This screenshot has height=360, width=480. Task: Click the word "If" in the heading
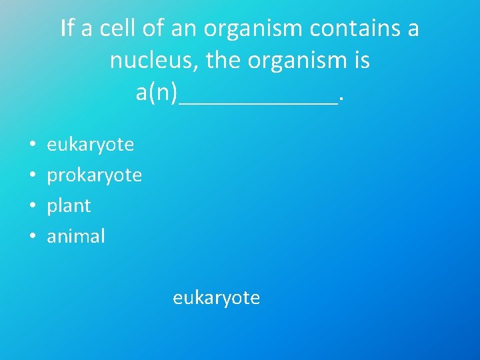coord(66,29)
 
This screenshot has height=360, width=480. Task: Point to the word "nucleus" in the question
coord(154,61)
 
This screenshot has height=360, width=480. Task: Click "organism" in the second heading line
coord(297,61)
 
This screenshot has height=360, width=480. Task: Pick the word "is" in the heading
coord(362,61)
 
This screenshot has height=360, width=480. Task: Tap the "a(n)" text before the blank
coord(157,93)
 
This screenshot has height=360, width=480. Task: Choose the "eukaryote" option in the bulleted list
coord(90,144)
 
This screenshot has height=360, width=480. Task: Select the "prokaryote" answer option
coord(94,175)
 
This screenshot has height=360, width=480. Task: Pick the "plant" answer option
coord(69,206)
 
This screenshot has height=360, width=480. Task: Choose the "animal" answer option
coord(76,236)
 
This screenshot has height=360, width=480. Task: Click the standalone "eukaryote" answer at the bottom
coord(216,297)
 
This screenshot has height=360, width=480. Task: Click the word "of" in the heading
coord(155,29)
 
